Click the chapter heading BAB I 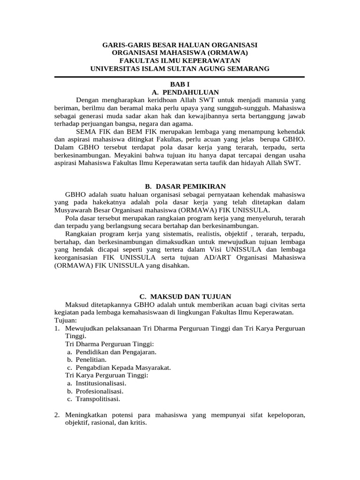(x=180, y=84)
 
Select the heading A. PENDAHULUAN (x=180, y=92)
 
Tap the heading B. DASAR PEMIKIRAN (x=180, y=187)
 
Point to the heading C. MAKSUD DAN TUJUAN (x=180, y=297)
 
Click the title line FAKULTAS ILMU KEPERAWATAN (x=180, y=61)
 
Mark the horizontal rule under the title (x=180, y=77)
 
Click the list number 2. (x=57, y=415)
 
